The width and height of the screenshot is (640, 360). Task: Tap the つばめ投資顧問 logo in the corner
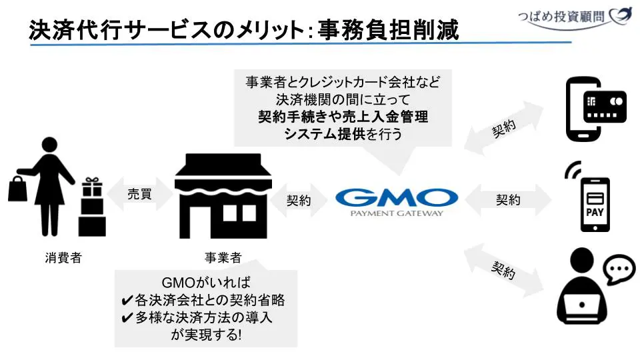(x=573, y=16)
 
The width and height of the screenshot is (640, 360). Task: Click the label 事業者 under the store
(x=223, y=258)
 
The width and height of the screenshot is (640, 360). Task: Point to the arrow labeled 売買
(x=140, y=195)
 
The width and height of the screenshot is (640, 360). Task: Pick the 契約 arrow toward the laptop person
(x=505, y=270)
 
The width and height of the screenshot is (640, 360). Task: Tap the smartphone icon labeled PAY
(x=595, y=203)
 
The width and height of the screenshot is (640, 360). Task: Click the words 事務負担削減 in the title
(x=388, y=31)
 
